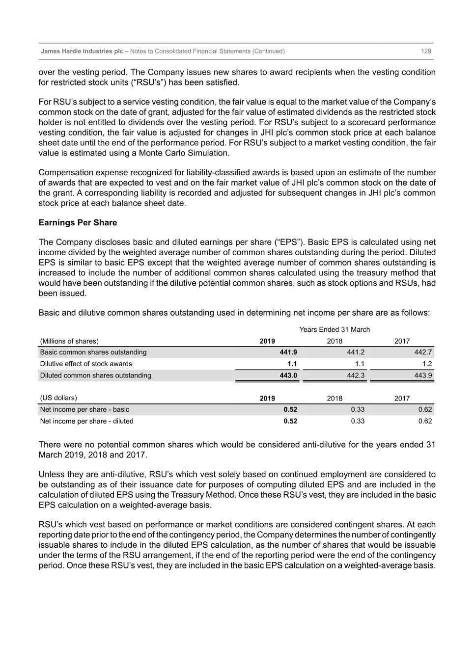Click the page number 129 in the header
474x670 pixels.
coord(426,51)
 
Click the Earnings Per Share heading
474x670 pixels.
coord(78,222)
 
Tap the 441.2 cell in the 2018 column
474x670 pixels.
coord(356,352)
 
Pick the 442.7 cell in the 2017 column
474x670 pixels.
coord(423,352)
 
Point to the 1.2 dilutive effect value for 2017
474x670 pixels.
coord(427,364)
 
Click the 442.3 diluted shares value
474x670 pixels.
coord(356,375)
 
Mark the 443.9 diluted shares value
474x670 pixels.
coord(423,375)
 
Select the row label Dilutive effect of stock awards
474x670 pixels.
coord(86,364)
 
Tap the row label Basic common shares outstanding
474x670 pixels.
coord(93,352)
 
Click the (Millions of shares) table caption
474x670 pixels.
coord(69,341)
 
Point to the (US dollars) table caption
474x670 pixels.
coord(58,398)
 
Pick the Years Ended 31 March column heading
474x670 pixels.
coord(335,329)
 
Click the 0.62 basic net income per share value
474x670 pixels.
coord(425,409)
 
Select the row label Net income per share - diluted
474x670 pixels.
coord(86,421)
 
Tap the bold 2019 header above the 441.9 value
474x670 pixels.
coord(267,341)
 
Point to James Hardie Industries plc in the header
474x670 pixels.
coord(82,51)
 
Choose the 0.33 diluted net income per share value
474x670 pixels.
coord(358,421)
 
